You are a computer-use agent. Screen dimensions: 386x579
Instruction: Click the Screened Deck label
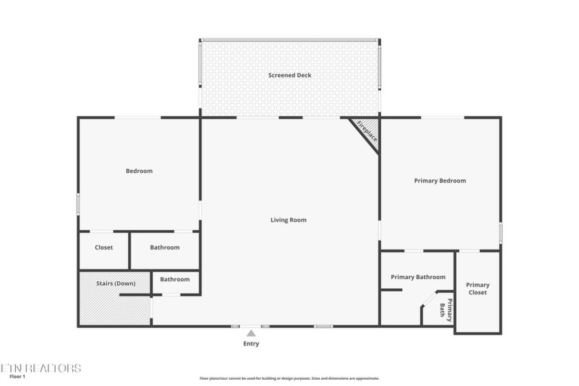[289, 75]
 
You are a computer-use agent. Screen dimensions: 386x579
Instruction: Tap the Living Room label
[288, 220]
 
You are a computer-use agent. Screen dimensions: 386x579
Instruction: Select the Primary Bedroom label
[440, 181]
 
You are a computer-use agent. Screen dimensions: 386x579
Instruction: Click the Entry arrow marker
[251, 334]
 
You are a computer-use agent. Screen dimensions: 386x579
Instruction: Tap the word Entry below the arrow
[251, 343]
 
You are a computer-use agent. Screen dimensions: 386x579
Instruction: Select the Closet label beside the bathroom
[104, 247]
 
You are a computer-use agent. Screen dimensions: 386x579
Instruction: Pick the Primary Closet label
[477, 289]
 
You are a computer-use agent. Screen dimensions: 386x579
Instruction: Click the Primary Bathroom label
[418, 277]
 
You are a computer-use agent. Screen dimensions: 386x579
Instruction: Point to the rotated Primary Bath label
[447, 309]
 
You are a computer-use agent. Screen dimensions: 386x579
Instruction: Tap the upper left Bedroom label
[139, 171]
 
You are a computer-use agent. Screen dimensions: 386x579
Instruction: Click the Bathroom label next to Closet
[165, 247]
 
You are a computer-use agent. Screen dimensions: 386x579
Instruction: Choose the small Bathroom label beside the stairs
[174, 279]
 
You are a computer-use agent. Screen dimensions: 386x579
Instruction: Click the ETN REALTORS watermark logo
[41, 368]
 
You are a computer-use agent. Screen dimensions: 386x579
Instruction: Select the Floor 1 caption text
[17, 376]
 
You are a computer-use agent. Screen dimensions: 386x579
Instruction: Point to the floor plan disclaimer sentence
[289, 378]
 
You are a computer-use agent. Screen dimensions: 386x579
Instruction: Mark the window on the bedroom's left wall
[79, 203]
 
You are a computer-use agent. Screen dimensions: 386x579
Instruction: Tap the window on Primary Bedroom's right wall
[500, 232]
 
